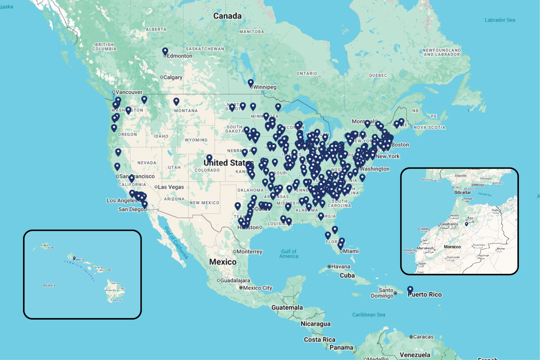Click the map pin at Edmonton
(165, 51)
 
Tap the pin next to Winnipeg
(251, 83)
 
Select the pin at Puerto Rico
(410, 290)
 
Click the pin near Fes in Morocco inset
(466, 224)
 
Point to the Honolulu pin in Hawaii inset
(74, 258)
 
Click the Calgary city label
(173, 77)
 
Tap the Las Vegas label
(171, 187)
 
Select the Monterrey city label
(249, 252)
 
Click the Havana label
(341, 266)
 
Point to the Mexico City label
(257, 288)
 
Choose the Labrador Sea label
(500, 20)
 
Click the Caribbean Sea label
(369, 315)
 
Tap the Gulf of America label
(289, 254)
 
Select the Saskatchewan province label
(205, 49)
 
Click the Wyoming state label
(196, 140)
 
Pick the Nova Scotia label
(429, 127)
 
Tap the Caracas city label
(423, 337)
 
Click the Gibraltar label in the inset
(463, 192)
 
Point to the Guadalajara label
(235, 280)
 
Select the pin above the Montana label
(176, 101)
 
